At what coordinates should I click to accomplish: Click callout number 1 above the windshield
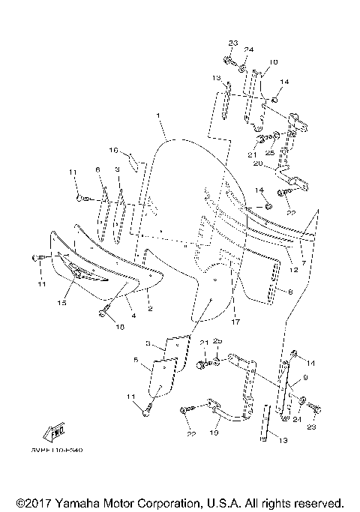click(x=160, y=116)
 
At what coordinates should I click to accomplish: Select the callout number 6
click(x=97, y=170)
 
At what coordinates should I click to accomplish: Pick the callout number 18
click(x=118, y=326)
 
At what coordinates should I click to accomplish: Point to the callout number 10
click(x=271, y=62)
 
